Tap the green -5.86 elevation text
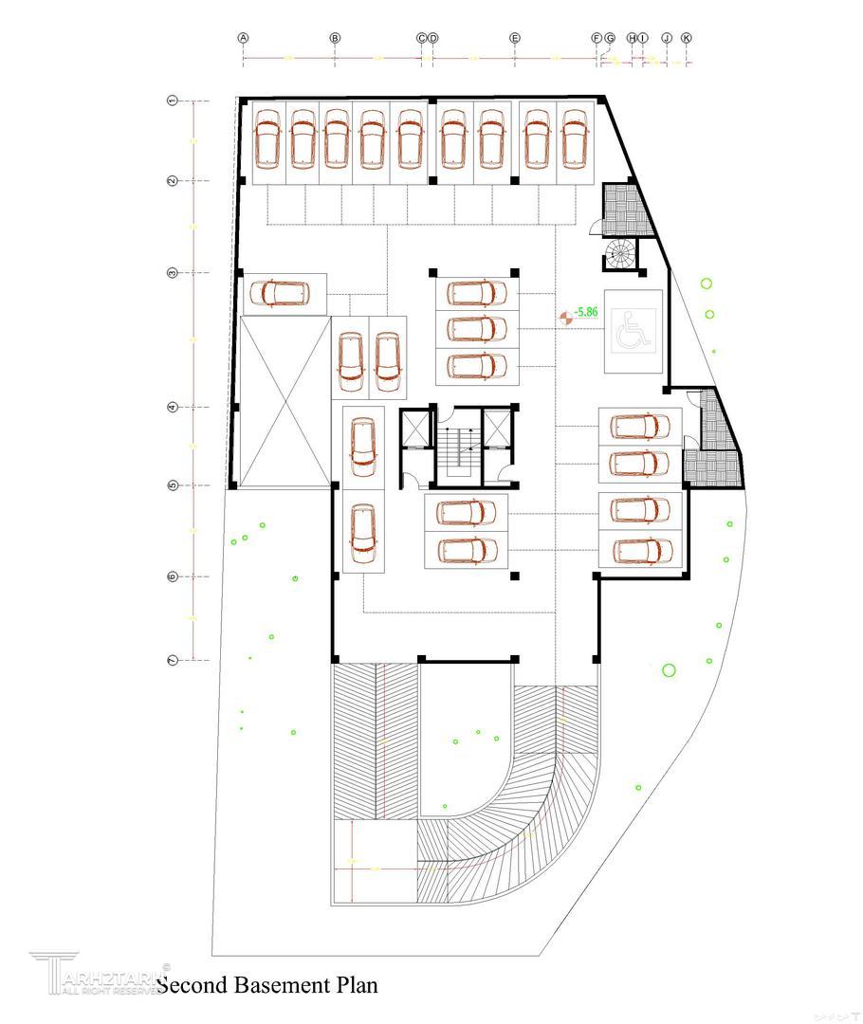tap(586, 311)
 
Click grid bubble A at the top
tap(244, 38)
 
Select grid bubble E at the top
tap(515, 38)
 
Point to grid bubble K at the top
tap(687, 38)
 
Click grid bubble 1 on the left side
tap(173, 100)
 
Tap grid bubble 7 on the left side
tap(173, 659)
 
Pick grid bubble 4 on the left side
tap(173, 407)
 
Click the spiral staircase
tap(621, 254)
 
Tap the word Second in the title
tap(191, 985)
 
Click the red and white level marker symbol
tap(565, 316)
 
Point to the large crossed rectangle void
tap(283, 401)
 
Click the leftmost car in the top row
tap(268, 138)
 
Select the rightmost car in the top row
tap(574, 138)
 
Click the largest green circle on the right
tap(669, 670)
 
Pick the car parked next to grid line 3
tap(280, 293)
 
